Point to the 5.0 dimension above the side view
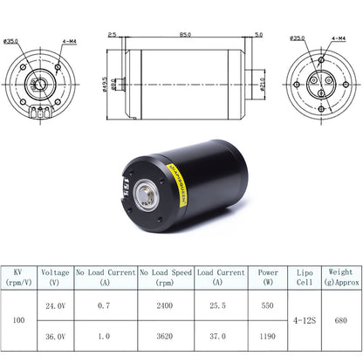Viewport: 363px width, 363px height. pos(259,35)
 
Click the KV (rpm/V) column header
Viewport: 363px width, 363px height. pos(19,277)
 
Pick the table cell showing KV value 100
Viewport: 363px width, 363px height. pos(19,320)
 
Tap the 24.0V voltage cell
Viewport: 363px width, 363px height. pos(55,306)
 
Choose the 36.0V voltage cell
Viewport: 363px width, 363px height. pos(55,335)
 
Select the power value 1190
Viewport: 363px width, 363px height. pos(268,335)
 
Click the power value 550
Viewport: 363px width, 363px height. pos(268,306)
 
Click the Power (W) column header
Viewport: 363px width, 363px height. pos(268,277)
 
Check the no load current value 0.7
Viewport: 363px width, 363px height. pos(105,306)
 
